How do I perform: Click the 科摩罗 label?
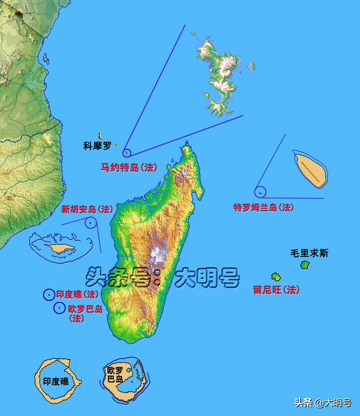97,146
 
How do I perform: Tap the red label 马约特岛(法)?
129,168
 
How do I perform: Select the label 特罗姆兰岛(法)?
263,207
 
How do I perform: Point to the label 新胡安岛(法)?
87,210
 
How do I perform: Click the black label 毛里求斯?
309,254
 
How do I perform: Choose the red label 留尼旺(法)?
276,290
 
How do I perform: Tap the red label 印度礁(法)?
77,295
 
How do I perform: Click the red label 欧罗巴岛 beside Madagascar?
85,309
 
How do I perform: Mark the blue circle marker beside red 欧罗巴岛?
59,308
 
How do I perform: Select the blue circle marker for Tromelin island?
260,192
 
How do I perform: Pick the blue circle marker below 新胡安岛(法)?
91,223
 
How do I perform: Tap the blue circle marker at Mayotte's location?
127,152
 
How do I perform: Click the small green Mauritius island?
305,264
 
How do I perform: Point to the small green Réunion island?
276,276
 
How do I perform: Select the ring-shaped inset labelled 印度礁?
56,377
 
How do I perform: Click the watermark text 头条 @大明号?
322,403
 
